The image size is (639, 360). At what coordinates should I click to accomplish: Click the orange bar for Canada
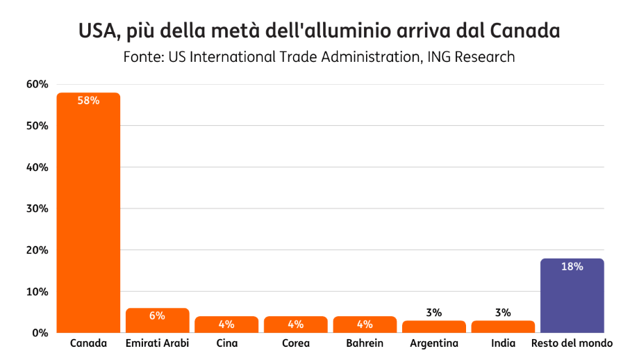(x=88, y=215)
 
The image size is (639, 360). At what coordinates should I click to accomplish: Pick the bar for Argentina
(x=433, y=327)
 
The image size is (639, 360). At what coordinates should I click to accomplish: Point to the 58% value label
(x=88, y=101)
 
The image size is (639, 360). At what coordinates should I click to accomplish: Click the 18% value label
(x=572, y=266)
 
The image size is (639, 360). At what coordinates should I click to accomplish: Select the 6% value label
(x=157, y=316)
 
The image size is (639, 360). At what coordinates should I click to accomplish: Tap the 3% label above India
(x=503, y=313)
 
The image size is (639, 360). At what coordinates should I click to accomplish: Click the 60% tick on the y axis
(x=37, y=85)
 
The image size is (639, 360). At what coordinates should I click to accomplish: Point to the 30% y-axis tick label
(x=37, y=208)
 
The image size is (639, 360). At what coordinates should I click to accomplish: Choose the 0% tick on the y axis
(x=40, y=333)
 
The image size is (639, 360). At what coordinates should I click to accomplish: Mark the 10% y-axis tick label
(x=37, y=291)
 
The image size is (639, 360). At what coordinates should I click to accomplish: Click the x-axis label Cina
(x=226, y=344)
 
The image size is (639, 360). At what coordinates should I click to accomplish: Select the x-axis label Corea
(x=296, y=344)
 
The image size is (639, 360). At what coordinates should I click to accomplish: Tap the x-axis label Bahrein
(x=365, y=344)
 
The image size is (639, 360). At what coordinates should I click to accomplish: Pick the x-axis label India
(x=503, y=344)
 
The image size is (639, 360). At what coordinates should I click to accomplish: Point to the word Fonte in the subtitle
(x=141, y=57)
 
